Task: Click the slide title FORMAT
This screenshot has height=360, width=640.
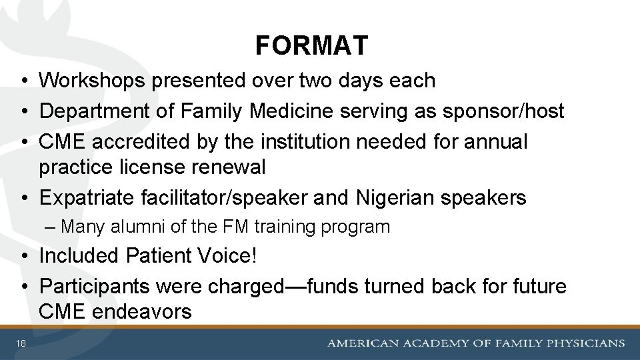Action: coord(311,46)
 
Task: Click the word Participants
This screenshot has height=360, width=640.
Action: coord(95,286)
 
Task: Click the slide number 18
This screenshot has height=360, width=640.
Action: coord(21,343)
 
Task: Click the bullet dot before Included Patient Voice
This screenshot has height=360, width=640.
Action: coord(23,256)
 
